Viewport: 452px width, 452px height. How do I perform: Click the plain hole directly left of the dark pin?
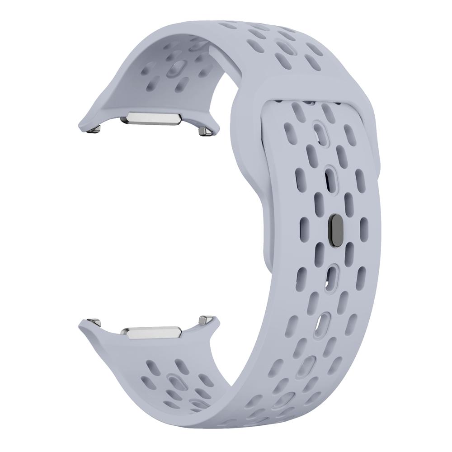(x=304, y=223)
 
